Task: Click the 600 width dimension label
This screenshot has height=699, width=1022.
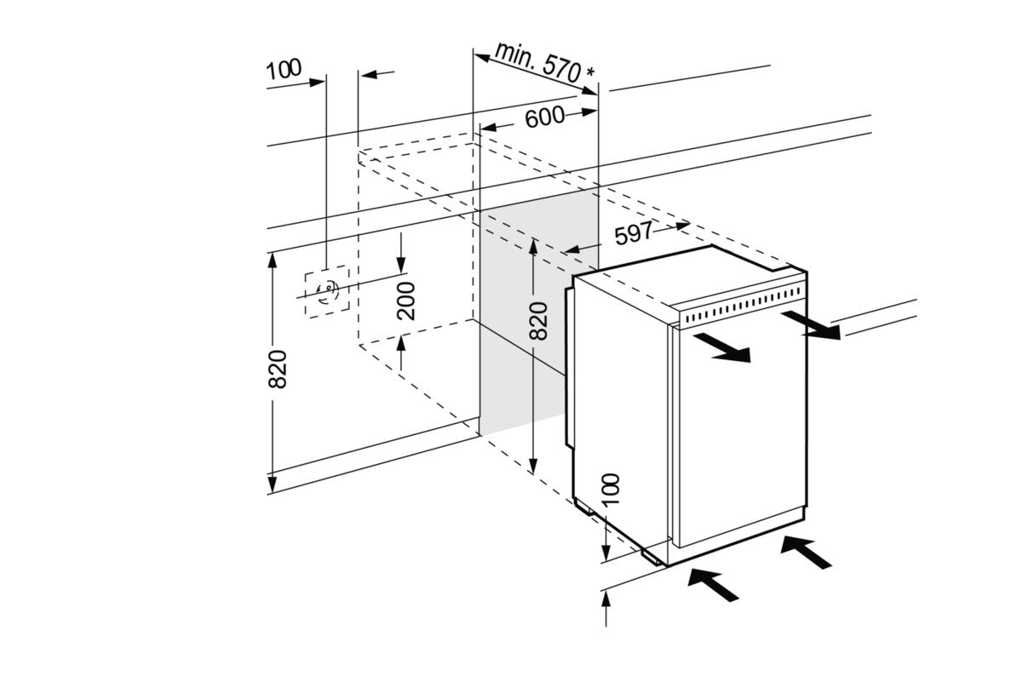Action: tap(544, 117)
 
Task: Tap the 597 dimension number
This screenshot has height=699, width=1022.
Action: tap(633, 233)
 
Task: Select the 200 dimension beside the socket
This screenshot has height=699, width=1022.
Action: tap(407, 299)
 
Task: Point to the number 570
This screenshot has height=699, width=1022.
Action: tap(561, 69)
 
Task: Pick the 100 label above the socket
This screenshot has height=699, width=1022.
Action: tap(284, 68)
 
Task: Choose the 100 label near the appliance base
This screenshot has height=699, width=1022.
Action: tap(611, 491)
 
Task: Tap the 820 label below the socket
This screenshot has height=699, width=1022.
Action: tap(278, 369)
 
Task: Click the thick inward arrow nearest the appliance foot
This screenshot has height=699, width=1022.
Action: tap(715, 587)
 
